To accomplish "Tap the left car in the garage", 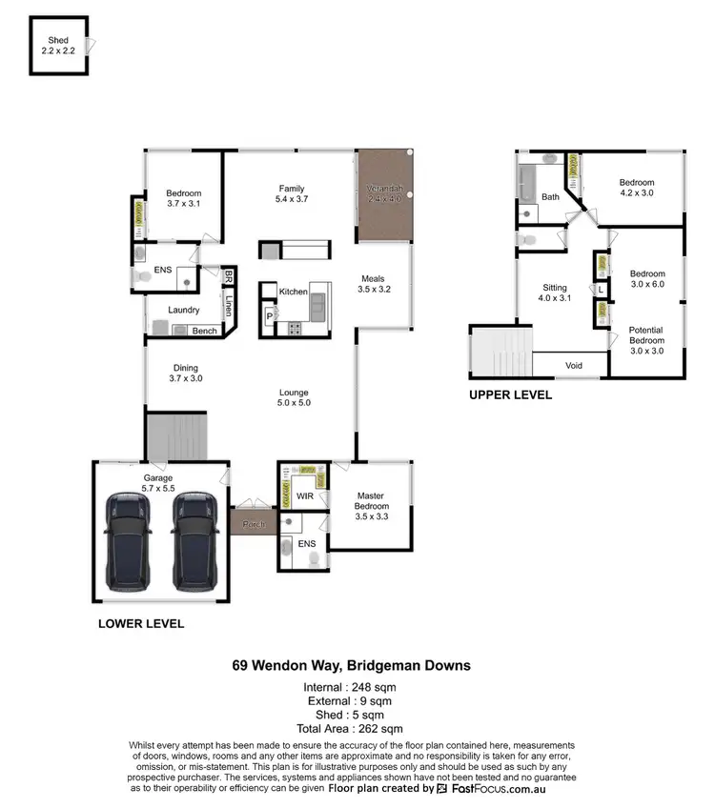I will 127,541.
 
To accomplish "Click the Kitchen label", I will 294,292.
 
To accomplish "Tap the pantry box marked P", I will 269,314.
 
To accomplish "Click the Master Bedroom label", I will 370,501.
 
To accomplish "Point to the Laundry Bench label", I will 204,331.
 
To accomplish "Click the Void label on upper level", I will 573,365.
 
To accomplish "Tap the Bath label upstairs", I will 551,197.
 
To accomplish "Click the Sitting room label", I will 555,293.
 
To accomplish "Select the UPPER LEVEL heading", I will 510,394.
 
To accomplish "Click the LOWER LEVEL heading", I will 141,625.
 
